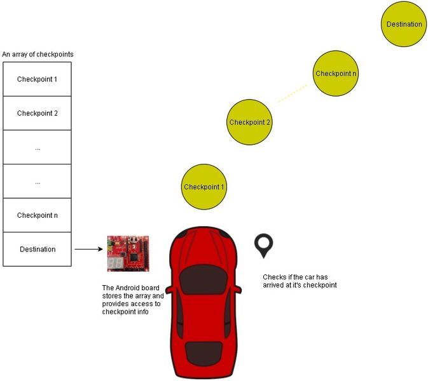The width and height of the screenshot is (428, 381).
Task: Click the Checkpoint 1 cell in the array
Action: point(37,79)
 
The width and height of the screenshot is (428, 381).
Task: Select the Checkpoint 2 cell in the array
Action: point(37,114)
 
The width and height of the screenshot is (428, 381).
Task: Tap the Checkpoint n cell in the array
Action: point(37,215)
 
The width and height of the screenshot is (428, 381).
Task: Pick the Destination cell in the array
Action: point(37,250)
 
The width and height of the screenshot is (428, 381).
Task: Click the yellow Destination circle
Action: point(404,25)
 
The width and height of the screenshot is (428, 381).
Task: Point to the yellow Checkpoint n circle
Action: point(336,74)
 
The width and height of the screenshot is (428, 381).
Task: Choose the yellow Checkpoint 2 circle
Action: point(250,123)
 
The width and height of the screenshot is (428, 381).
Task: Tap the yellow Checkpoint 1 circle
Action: point(204,187)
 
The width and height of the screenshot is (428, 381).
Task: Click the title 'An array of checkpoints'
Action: point(38,55)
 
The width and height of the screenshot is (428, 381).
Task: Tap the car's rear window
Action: point(204,352)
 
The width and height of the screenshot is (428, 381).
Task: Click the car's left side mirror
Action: point(170,290)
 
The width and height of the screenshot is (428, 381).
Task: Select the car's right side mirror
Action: point(238,290)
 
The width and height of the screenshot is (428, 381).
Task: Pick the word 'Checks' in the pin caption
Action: point(273,277)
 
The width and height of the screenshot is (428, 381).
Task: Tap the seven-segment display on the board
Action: point(116,263)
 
